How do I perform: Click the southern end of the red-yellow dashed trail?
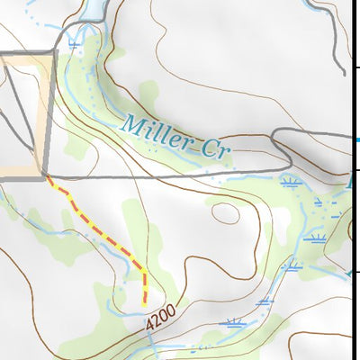pyautogui.click(x=145, y=304)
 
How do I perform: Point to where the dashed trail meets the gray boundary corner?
pyautogui.click(x=47, y=178)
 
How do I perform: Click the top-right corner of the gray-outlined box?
pyautogui.click(x=56, y=52)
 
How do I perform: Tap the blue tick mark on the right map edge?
pyautogui.click(x=357, y=140)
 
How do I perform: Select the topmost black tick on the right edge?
pyautogui.click(x=356, y=67)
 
